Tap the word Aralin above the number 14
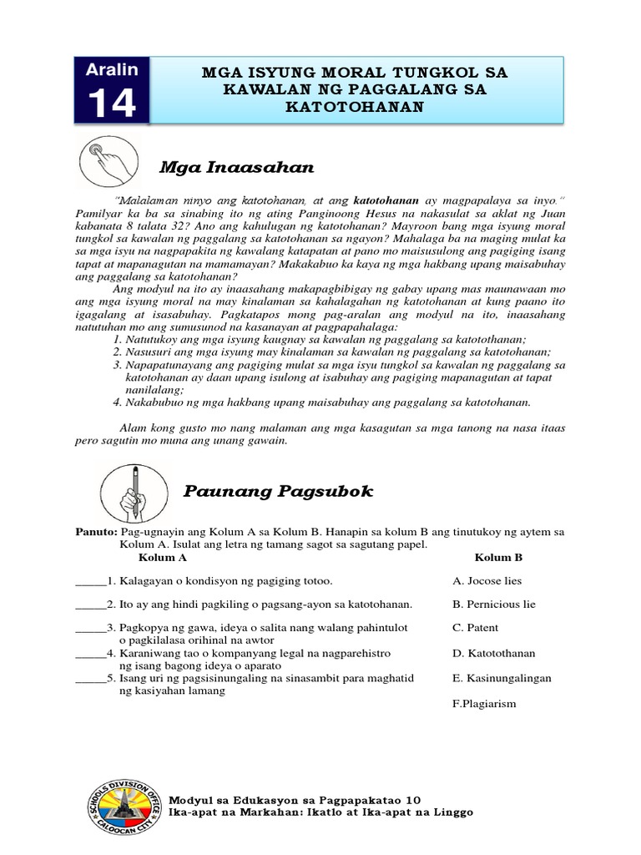[x=111, y=68]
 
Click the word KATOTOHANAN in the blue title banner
[x=355, y=107]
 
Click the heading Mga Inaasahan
[x=236, y=168]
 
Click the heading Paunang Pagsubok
[x=278, y=492]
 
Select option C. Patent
[x=475, y=627]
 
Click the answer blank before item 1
[x=90, y=582]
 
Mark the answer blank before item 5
[x=90, y=680]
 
